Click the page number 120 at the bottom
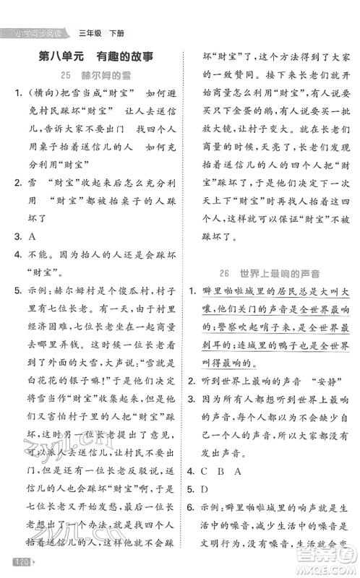pos(12,562)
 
